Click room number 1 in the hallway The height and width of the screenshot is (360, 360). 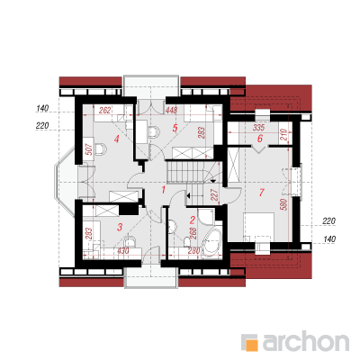click(x=164, y=190)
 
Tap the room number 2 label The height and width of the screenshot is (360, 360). click(x=193, y=220)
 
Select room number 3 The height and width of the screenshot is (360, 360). click(x=120, y=227)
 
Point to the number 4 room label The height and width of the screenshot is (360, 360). click(x=116, y=139)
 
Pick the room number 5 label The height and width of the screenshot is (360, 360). click(x=175, y=128)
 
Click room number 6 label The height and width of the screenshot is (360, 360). click(x=260, y=139)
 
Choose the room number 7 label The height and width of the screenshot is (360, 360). click(x=262, y=193)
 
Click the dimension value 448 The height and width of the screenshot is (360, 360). click(x=171, y=111)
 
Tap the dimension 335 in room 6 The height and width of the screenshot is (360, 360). click(x=258, y=128)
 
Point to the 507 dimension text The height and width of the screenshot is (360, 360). click(x=89, y=148)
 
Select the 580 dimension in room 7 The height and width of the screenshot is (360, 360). click(x=285, y=204)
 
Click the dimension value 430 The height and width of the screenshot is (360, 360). click(x=122, y=250)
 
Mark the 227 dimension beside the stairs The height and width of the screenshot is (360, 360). click(x=214, y=194)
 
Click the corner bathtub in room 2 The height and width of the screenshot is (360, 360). click(x=212, y=239)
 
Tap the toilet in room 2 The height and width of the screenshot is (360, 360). click(x=187, y=241)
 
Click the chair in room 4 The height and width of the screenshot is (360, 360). click(x=101, y=148)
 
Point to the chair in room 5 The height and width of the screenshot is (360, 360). click(x=153, y=132)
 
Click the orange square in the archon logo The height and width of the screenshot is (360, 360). click(x=252, y=345)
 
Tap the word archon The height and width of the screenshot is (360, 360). click(x=305, y=341)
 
